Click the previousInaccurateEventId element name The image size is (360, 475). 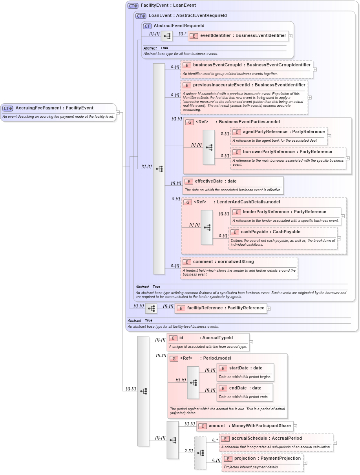[221, 85]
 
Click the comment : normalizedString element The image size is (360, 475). [223, 262]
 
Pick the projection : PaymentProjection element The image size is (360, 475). [262, 459]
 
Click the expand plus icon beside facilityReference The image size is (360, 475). [269, 309]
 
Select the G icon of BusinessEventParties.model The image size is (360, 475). [190, 122]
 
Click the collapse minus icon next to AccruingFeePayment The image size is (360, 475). [118, 113]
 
